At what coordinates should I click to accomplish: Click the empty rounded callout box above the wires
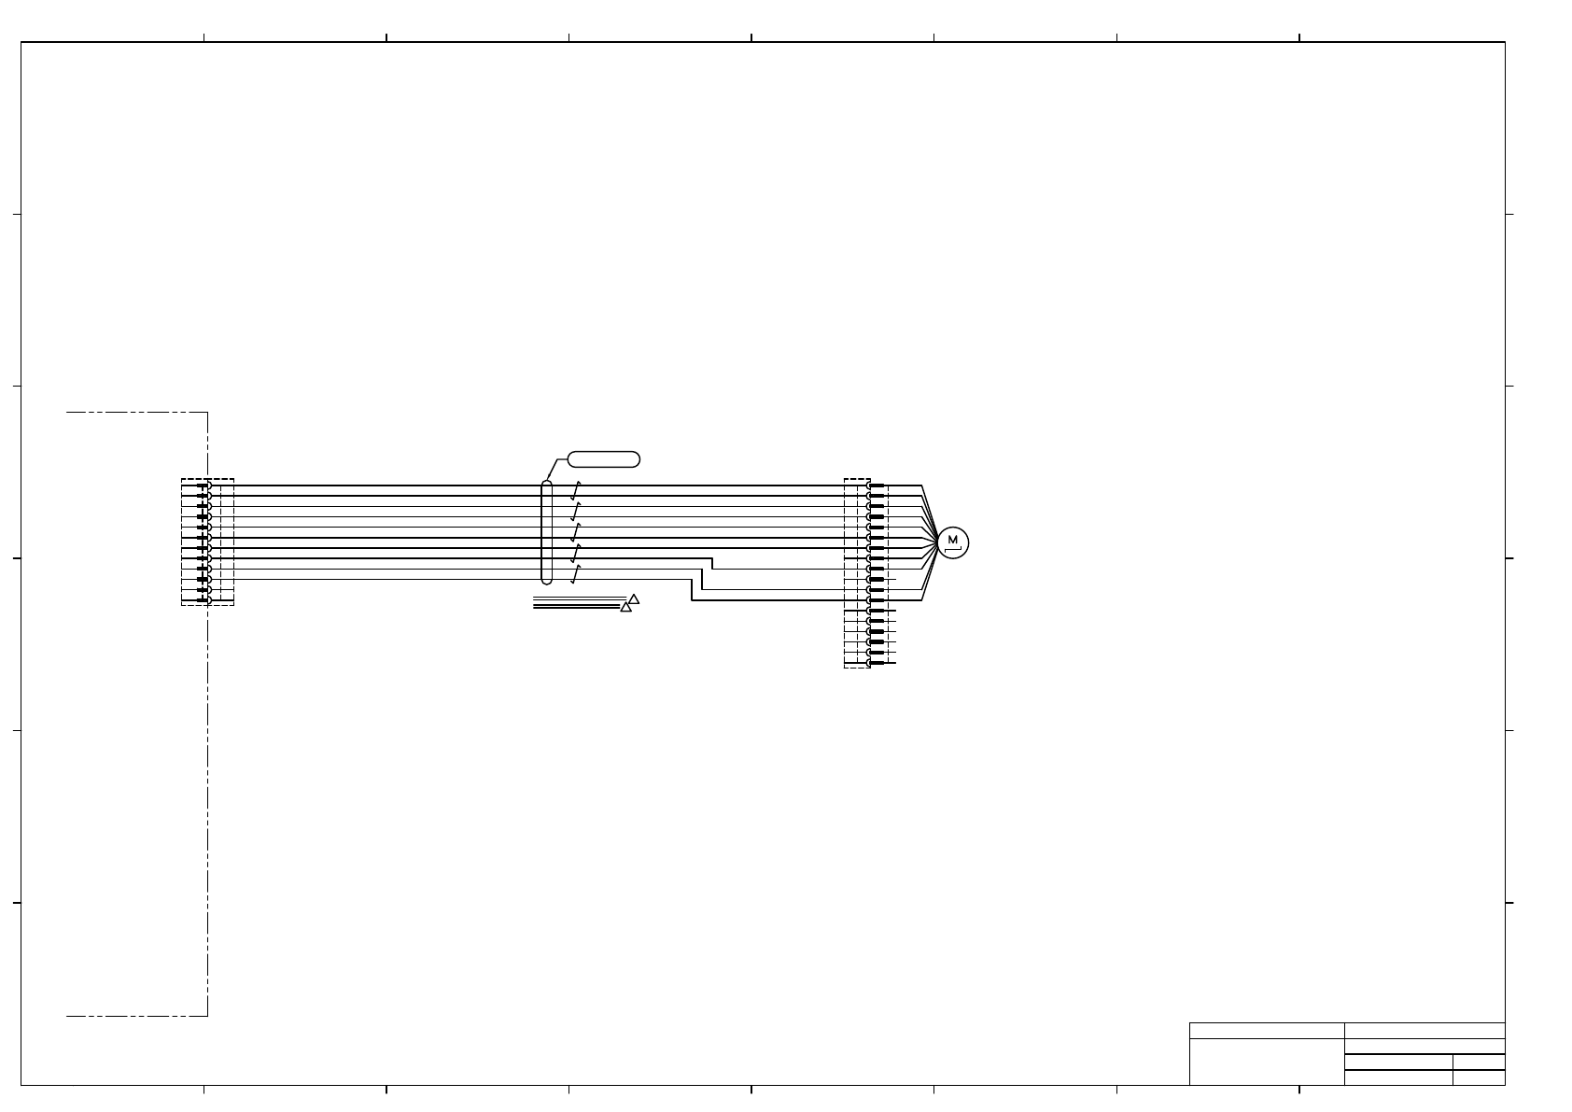[x=604, y=459]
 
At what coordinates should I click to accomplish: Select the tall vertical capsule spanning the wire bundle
[x=547, y=532]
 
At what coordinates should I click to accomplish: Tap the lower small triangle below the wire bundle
[x=626, y=607]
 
